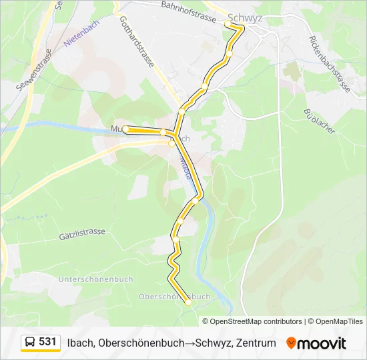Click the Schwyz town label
coord(245,19)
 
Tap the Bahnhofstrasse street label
coord(189,11)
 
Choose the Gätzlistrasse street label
coord(82,233)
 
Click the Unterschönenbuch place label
coord(95,279)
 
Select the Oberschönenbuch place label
coord(174,297)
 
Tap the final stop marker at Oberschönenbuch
coord(188,303)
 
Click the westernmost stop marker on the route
coord(125,129)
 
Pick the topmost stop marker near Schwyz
coord(228,24)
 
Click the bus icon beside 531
coord(30,343)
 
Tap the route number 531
coord(47,342)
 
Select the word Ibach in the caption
coord(80,343)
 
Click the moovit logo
coord(316,343)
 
